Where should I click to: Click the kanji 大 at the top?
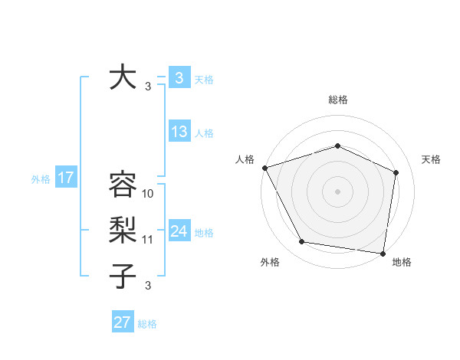point(122,78)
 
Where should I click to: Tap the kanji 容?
point(122,185)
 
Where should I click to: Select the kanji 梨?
point(122,230)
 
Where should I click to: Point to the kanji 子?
point(122,276)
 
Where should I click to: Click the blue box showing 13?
point(179,132)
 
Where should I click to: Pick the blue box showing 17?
point(65,178)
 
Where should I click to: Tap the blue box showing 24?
point(179,232)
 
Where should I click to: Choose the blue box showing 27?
point(123,322)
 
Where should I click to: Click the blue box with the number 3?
point(179,78)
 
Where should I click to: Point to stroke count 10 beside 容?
point(149,194)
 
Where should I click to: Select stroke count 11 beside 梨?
point(149,240)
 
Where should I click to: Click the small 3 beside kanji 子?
point(149,286)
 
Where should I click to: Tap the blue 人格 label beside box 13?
point(204,133)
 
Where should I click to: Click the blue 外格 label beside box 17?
point(41,179)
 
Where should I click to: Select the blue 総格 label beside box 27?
point(147,324)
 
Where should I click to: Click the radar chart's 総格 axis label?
point(337,100)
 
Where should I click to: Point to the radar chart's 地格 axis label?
point(402,263)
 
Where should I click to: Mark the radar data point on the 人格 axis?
point(264,168)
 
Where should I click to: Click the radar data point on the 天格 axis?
point(396,172)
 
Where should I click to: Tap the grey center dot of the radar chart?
point(337,191)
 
